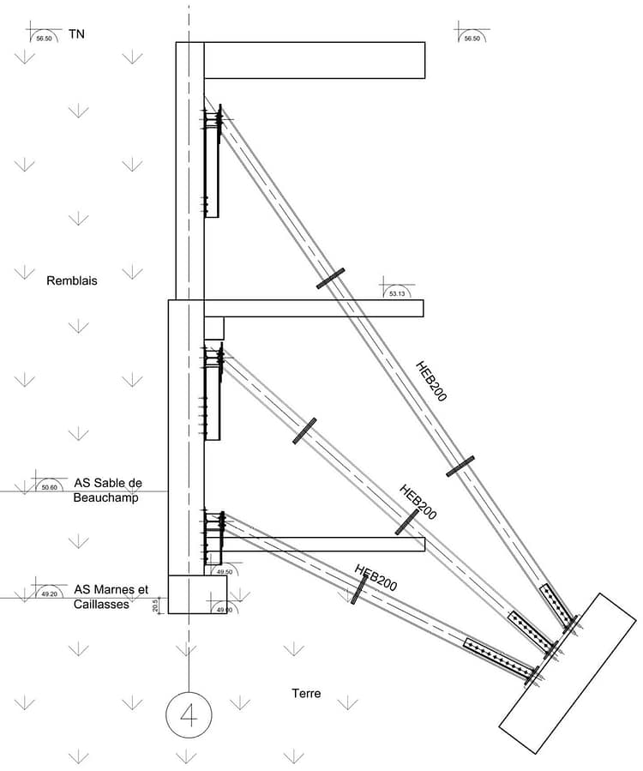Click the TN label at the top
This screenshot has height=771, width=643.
[76, 34]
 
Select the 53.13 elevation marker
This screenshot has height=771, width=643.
[396, 293]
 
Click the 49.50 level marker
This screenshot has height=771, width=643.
[225, 571]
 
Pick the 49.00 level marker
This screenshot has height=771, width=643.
[225, 609]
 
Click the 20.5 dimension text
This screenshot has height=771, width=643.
[155, 605]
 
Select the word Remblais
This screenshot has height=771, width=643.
[71, 279]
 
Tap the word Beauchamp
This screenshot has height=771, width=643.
[105, 497]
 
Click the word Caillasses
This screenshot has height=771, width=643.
[101, 604]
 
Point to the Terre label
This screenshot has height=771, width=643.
[305, 692]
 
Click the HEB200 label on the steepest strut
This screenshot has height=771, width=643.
[431, 381]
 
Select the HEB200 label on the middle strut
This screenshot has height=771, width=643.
[418, 502]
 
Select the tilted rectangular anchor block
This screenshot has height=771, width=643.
[568, 673]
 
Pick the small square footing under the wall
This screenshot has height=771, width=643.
[197, 594]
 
